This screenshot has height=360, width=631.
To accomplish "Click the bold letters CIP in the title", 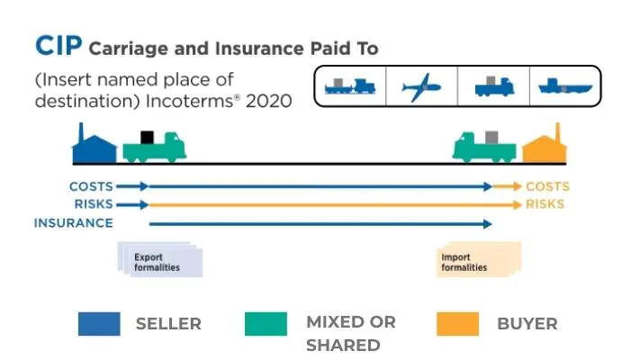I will coord(58,46).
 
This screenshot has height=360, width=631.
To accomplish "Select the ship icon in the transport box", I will coord(563,87).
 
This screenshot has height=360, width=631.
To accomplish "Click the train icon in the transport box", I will coord(348,87).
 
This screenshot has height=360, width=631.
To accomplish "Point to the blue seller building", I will coord(94,146).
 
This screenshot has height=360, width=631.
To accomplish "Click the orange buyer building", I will coord(543,146).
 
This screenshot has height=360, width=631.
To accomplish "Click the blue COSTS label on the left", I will coord(91,186).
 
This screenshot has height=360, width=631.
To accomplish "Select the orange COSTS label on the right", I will coord(547,186).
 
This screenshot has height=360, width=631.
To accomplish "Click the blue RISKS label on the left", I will coord(94,204).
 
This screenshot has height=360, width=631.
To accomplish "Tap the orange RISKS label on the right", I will coord(545,204).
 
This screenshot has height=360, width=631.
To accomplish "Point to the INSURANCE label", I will coord(74,223).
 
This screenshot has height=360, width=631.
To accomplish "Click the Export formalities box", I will coord(159,261).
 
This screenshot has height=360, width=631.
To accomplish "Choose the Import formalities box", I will coord(477,261).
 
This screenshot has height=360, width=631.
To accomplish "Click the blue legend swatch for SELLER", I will coord(99,324).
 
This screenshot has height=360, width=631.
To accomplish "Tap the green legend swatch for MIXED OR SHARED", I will coord(266,324).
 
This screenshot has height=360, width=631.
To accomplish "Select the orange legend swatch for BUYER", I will coord(456,324).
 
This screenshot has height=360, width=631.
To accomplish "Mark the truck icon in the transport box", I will coord(493,87).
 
